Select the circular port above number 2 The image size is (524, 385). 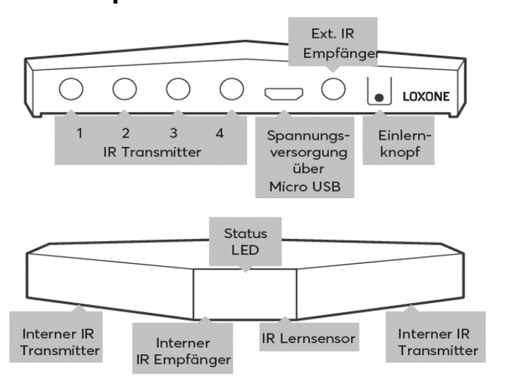(124, 90)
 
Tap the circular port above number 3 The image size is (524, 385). (177, 90)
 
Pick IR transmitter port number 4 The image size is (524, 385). (229, 90)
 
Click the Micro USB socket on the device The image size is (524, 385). (283, 93)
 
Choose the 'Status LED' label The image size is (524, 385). (246, 241)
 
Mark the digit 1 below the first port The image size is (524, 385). (81, 133)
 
